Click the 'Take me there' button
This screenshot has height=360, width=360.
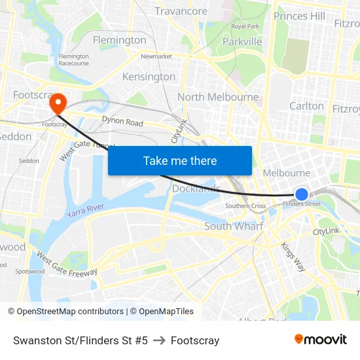[x=180, y=160]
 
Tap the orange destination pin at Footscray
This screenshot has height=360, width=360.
[x=58, y=103]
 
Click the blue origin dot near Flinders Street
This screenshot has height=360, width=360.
[x=302, y=194]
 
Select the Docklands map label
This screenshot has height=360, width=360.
[x=196, y=189]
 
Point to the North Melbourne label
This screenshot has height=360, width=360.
[x=218, y=98]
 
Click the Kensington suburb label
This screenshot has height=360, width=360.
[x=149, y=77]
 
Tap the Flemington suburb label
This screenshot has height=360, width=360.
[x=120, y=40]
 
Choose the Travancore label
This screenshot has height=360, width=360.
[x=181, y=11]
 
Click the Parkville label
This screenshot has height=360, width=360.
[x=242, y=41]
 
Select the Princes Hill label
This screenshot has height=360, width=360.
[x=299, y=16]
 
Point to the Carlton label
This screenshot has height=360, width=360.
[x=306, y=106]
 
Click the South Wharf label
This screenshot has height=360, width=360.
[x=234, y=226]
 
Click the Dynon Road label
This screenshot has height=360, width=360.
[x=122, y=122]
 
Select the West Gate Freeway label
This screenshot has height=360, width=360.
[x=67, y=263]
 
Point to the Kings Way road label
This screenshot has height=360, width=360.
[x=293, y=256]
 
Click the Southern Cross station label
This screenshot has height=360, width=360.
[x=245, y=206]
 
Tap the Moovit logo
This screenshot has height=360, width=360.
[x=321, y=340]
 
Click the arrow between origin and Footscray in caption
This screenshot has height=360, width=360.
[x=159, y=340]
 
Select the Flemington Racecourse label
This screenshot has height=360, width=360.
[x=73, y=60]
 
